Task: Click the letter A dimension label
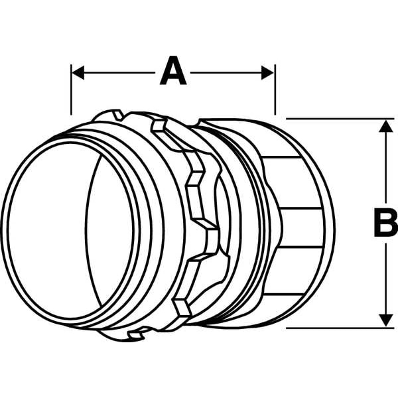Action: pos(173,70)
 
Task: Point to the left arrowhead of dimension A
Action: pos(78,72)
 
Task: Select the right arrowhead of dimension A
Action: pos(267,72)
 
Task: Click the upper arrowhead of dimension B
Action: pos(386,126)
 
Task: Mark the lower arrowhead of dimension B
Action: pos(386,320)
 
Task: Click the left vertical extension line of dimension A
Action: pos(72,90)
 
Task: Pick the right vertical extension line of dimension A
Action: pos(275,90)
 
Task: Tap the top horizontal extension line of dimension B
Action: pos(340,119)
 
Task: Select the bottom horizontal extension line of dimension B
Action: pos(340,328)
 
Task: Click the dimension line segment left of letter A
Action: pos(119,72)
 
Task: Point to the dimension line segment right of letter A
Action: pos(226,72)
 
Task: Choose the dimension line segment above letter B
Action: pos(386,167)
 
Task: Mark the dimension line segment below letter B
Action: pos(386,279)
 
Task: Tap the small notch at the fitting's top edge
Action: pos(118,115)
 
